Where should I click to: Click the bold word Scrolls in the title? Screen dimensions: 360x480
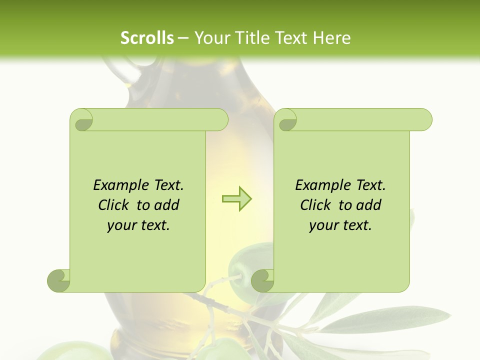coord(147,38)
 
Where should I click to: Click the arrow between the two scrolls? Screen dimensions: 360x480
coord(236,199)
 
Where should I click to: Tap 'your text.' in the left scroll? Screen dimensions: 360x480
coord(138,225)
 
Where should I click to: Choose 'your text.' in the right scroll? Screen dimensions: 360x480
coord(340,225)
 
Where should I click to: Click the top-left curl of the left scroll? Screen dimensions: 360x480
coord(81,120)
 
